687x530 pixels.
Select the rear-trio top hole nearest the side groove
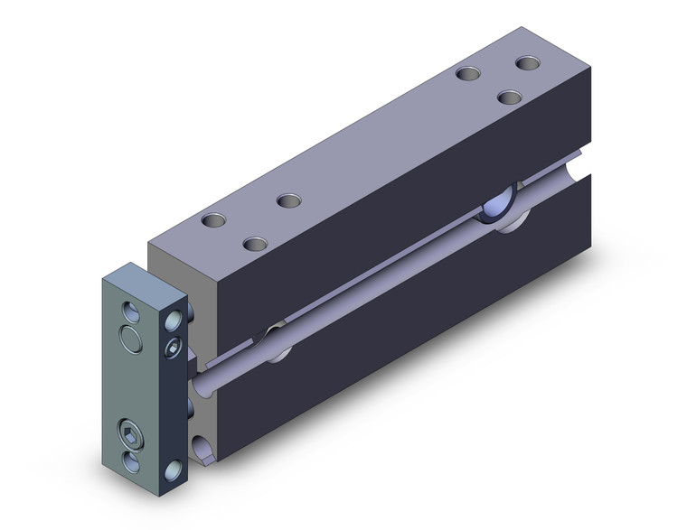pyautogui.click(x=511, y=97)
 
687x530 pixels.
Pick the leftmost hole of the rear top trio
pyautogui.click(x=467, y=75)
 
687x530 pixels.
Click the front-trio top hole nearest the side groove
pyautogui.click(x=255, y=244)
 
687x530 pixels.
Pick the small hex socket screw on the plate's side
pyautogui.click(x=174, y=349)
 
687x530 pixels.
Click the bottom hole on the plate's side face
pyautogui.click(x=174, y=470)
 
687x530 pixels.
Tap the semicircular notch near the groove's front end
pyautogui.click(x=276, y=343)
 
